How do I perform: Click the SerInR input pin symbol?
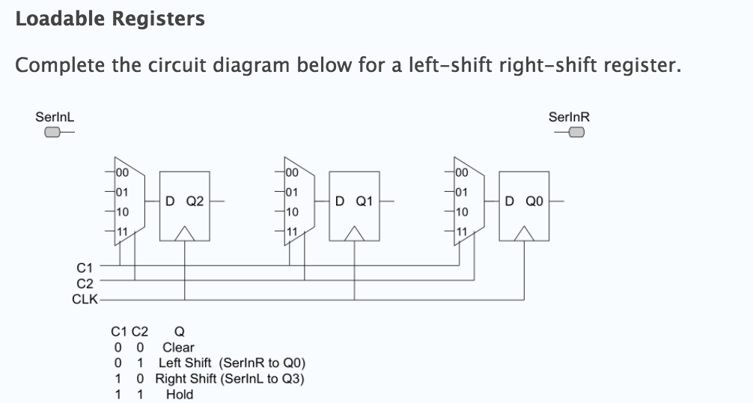coord(576,133)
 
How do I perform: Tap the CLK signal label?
coord(82,299)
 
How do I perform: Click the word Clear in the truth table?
coord(178,348)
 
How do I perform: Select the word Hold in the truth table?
coord(179,395)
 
